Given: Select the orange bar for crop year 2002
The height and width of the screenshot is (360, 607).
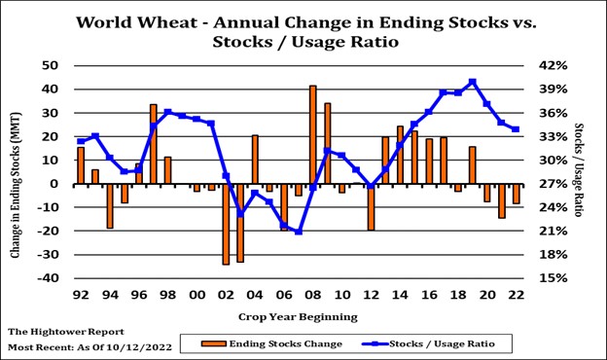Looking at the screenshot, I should (226, 224).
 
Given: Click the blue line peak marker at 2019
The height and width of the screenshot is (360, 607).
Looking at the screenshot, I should (473, 83).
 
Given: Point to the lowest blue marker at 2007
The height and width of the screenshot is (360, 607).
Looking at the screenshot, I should (299, 232).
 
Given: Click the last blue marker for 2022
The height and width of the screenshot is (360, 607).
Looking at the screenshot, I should (516, 129).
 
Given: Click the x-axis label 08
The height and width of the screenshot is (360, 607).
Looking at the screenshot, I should (313, 294).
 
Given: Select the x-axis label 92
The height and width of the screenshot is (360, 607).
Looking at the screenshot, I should (81, 294).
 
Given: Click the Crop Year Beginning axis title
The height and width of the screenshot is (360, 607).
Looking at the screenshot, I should (298, 316).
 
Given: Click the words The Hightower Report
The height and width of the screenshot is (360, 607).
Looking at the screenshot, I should (65, 332).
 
